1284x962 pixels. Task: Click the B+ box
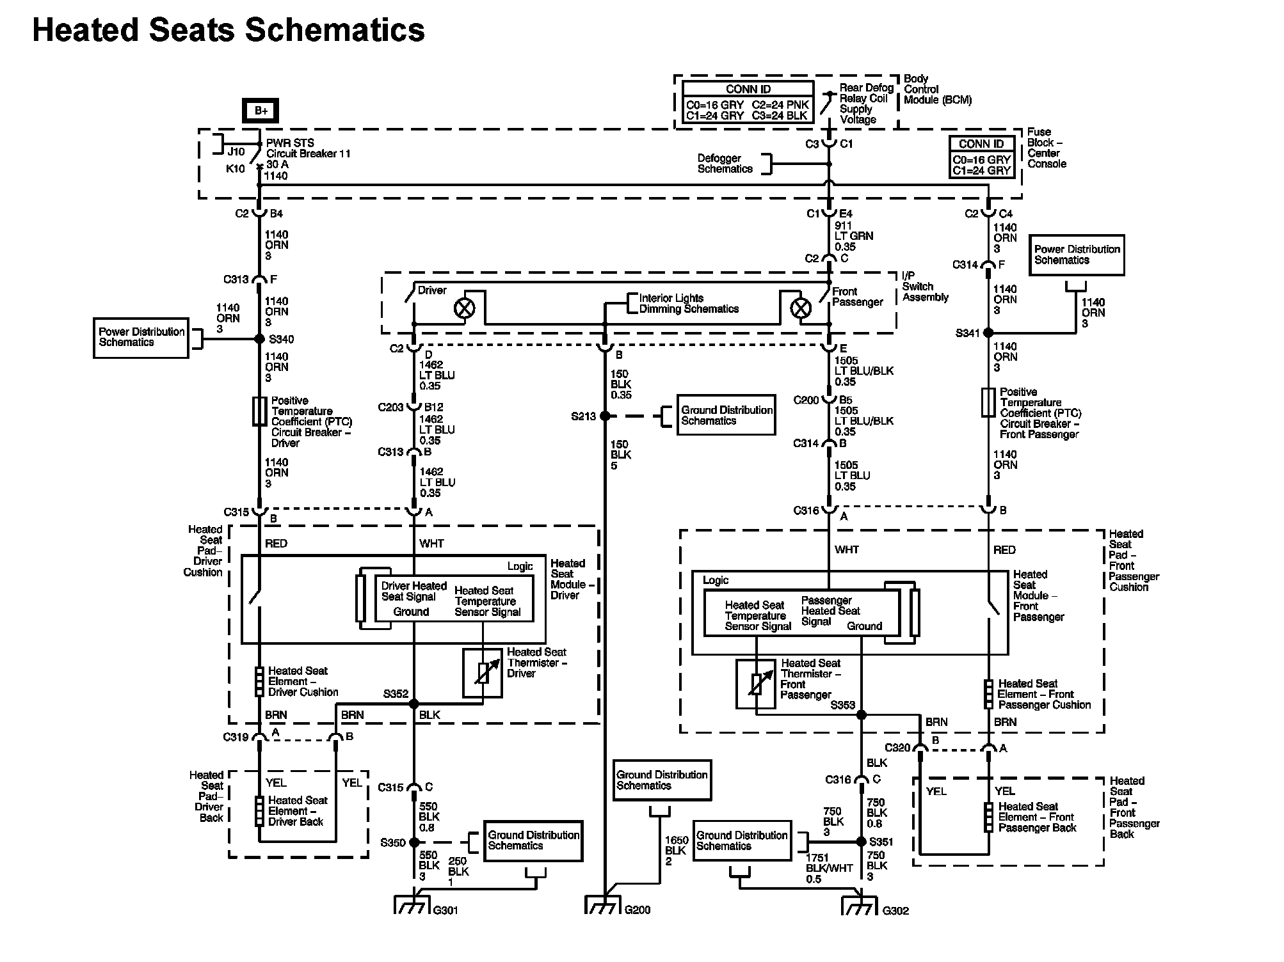[x=261, y=111]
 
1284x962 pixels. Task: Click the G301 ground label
[x=445, y=910]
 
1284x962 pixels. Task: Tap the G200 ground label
[x=638, y=910]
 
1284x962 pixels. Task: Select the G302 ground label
[x=895, y=911]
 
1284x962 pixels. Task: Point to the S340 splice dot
[x=259, y=339]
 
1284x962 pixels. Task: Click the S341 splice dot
[x=988, y=333]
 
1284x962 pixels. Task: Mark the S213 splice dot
[x=605, y=416]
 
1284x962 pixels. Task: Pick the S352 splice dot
[x=414, y=704]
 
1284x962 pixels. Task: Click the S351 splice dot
[x=862, y=842]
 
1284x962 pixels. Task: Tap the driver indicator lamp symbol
[x=464, y=309]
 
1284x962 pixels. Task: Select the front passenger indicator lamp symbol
[x=800, y=309]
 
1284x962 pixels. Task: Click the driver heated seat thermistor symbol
[x=483, y=673]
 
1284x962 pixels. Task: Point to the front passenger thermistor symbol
[x=756, y=684]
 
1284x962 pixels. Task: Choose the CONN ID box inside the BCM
[x=748, y=102]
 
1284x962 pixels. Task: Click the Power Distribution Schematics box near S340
[x=141, y=338]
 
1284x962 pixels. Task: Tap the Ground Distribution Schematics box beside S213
[x=726, y=415]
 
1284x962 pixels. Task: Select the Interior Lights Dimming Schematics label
[x=689, y=304]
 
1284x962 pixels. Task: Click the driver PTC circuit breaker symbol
[x=259, y=411]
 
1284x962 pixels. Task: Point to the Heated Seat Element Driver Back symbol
[x=259, y=811]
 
